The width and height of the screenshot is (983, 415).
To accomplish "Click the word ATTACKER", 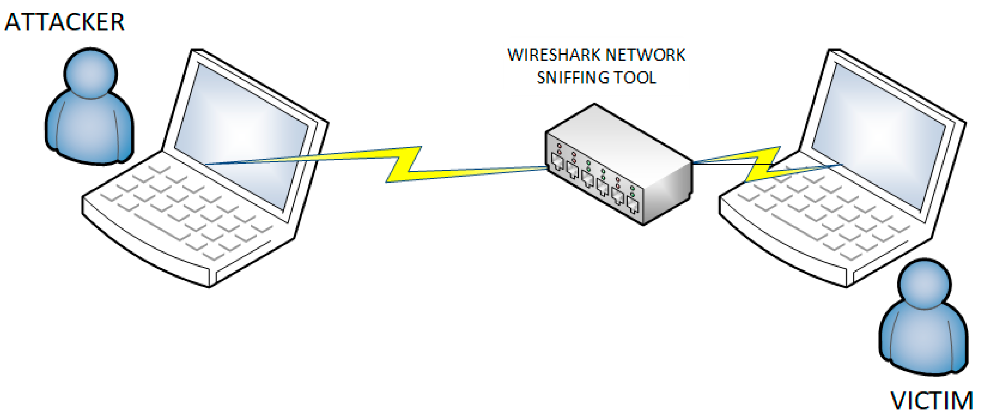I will pyautogui.click(x=64, y=22).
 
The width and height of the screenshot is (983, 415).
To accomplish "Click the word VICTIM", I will pyautogui.click(x=931, y=401).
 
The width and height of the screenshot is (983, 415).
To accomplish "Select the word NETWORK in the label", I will pyautogui.click(x=645, y=55).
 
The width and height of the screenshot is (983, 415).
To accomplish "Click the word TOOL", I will pyautogui.click(x=635, y=78).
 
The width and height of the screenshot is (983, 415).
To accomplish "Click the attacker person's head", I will pyautogui.click(x=90, y=73).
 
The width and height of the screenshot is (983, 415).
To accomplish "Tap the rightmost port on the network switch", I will pyautogui.click(x=633, y=206).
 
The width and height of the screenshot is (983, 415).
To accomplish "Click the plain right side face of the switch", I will pyautogui.click(x=668, y=191).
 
